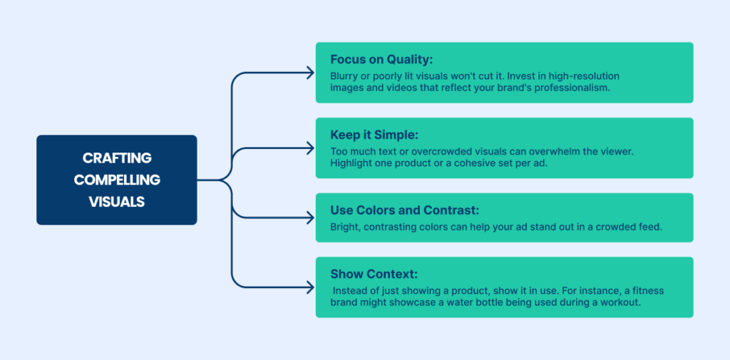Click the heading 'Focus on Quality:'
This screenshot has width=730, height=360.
click(x=382, y=60)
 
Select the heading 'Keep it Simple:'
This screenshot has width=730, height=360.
click(x=375, y=135)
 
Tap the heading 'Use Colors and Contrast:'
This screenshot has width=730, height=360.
click(x=405, y=210)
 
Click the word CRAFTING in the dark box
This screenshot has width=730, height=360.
click(x=117, y=158)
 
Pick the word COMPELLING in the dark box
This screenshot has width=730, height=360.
click(x=117, y=180)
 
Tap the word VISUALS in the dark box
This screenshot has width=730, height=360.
click(x=117, y=202)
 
